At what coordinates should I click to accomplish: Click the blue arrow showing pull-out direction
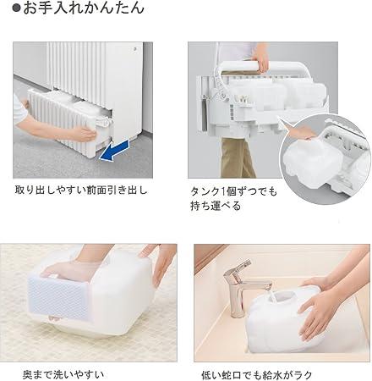(x=115, y=151)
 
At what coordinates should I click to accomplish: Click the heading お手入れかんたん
(x=84, y=8)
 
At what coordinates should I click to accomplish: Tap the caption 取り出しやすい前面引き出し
(x=81, y=190)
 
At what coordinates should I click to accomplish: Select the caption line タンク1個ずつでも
(x=234, y=191)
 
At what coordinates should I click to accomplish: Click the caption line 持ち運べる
(x=216, y=206)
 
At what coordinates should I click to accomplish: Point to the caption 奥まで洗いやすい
(x=63, y=374)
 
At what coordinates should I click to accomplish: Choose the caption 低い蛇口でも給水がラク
(x=257, y=375)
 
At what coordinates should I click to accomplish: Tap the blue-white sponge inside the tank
(x=57, y=299)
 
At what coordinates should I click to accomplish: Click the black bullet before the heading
(x=17, y=8)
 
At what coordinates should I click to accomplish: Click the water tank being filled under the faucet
(x=285, y=320)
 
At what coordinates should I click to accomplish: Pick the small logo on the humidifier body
(x=135, y=49)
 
